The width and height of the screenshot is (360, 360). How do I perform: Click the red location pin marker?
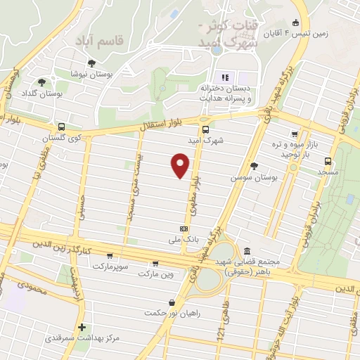coord(181,166)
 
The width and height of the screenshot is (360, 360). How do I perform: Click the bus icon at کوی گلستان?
coord(62,127)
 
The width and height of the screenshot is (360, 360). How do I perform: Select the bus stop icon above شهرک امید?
coord(205,129)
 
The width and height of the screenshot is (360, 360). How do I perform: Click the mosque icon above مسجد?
coord(328,160)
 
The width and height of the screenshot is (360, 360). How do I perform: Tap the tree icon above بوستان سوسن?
coord(254,167)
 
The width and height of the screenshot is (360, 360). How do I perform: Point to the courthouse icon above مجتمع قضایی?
coord(247,251)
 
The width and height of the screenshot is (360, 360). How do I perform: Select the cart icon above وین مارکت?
coord(155,264)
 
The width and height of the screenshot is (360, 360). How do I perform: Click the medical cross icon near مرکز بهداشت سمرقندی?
coord(82,327)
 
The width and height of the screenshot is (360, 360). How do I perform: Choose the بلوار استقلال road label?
coord(160,126)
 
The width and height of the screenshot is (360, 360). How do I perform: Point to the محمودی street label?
coord(32,287)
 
